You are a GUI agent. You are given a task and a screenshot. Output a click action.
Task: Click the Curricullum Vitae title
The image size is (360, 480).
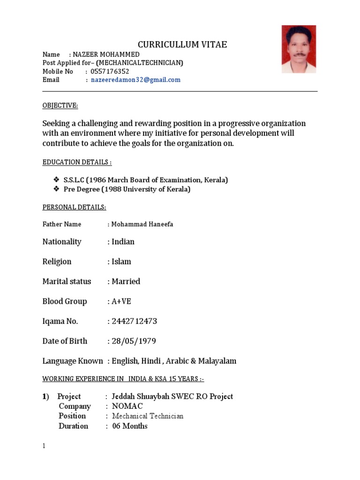[x=182, y=45]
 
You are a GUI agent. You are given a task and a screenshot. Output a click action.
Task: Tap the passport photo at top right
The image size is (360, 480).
[x=299, y=49]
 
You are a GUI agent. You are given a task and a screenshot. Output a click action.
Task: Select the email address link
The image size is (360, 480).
[x=135, y=80]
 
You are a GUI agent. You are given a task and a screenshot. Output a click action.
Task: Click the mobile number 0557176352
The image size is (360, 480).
[x=106, y=71]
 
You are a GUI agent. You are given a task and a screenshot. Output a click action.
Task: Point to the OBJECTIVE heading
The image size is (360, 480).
[x=60, y=105]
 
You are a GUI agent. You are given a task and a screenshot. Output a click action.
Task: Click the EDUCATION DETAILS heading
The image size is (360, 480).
[x=77, y=162]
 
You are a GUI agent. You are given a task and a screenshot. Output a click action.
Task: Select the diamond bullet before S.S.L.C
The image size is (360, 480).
[x=56, y=180]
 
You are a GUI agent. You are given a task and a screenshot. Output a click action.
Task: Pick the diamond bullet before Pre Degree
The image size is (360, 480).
[x=56, y=189]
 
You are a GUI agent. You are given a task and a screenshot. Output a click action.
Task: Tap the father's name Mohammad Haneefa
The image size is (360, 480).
[x=142, y=225]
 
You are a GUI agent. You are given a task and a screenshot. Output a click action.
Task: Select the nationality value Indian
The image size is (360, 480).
[x=123, y=242]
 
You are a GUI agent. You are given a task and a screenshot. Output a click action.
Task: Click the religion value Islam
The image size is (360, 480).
[x=121, y=262]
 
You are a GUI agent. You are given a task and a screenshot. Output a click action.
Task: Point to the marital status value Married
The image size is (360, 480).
[x=126, y=281]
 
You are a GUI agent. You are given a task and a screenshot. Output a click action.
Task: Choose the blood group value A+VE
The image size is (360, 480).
[x=121, y=301]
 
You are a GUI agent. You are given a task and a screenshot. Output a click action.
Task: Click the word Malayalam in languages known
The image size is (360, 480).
[x=217, y=361]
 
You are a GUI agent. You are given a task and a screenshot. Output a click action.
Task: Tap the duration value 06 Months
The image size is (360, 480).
[x=130, y=426]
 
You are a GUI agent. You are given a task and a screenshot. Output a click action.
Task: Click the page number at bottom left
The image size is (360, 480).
[x=44, y=446]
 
